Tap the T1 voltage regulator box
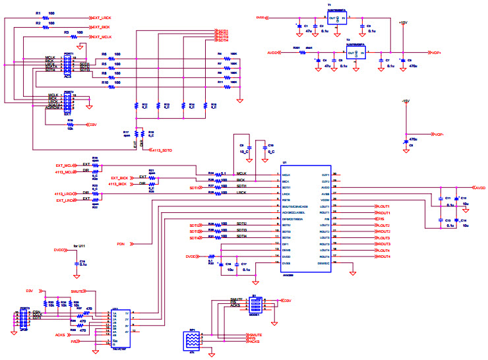click(337, 18)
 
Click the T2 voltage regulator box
click(357, 53)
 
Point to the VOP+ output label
click(437, 53)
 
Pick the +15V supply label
click(402, 22)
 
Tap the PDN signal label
click(121, 244)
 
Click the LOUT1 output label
click(382, 206)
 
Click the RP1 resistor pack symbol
click(191, 340)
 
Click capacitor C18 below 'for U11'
click(74, 264)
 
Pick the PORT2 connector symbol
click(68, 102)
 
